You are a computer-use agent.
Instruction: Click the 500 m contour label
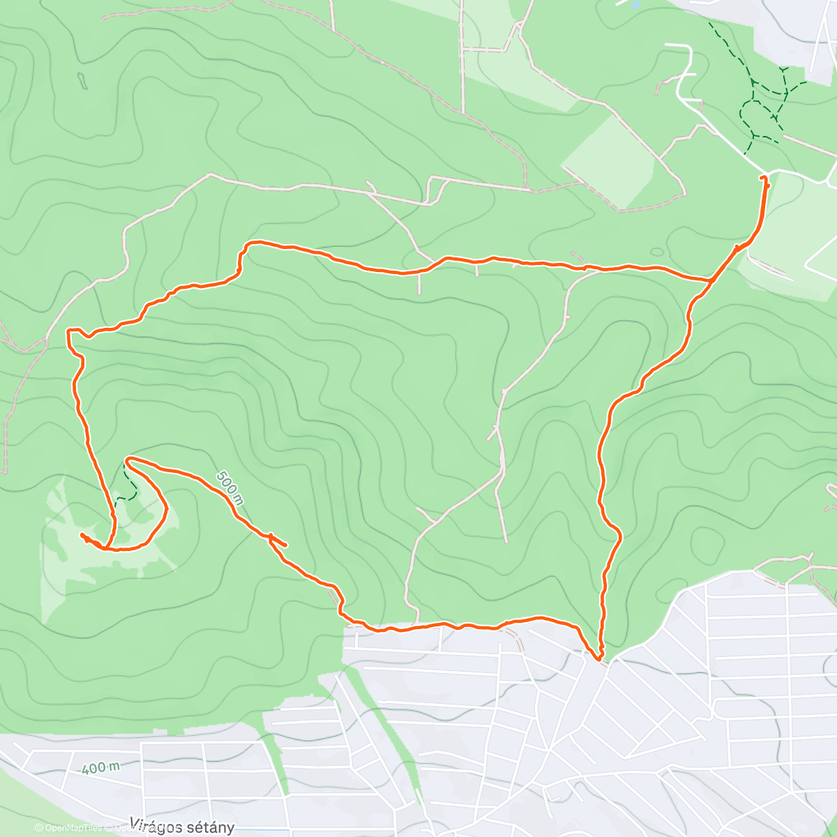[x=229, y=487]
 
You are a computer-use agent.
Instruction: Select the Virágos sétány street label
[x=182, y=827]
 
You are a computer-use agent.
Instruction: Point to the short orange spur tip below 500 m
[x=285, y=545]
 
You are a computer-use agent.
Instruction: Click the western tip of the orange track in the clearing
[x=82, y=535]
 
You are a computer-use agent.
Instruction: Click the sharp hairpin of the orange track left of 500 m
[x=127, y=460]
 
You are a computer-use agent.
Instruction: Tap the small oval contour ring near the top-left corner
[x=82, y=81]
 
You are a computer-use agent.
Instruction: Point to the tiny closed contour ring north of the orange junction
[x=656, y=252]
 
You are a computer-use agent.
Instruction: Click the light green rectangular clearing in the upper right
[x=607, y=164]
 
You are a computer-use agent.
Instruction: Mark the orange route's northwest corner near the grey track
[x=68, y=331]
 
